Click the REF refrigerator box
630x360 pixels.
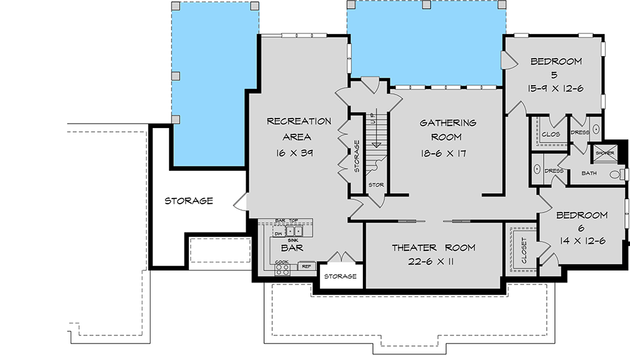click(x=306, y=266)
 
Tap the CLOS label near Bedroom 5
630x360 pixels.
click(x=551, y=134)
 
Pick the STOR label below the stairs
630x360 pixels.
click(x=376, y=185)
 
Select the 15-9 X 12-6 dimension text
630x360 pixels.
click(x=556, y=88)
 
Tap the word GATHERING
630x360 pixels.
click(x=448, y=123)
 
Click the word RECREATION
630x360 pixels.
click(x=299, y=121)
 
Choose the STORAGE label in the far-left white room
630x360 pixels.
click(x=188, y=201)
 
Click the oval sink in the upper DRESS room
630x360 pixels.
click(x=596, y=132)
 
